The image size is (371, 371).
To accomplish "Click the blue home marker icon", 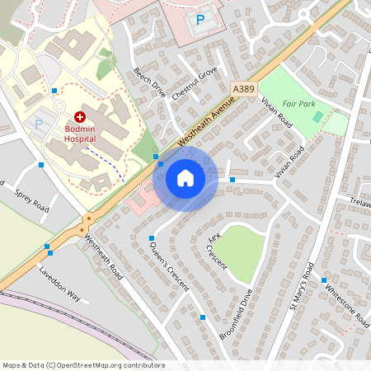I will point(185,177).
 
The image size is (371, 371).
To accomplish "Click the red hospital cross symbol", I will point(80,118).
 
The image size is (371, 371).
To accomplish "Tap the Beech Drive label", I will point(149,82).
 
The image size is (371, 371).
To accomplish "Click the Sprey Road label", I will point(32,204).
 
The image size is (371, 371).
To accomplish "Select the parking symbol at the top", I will point(200,19).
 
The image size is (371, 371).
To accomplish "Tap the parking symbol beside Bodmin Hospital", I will point(38,125).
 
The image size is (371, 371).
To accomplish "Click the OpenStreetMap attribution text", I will point(82,365).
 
